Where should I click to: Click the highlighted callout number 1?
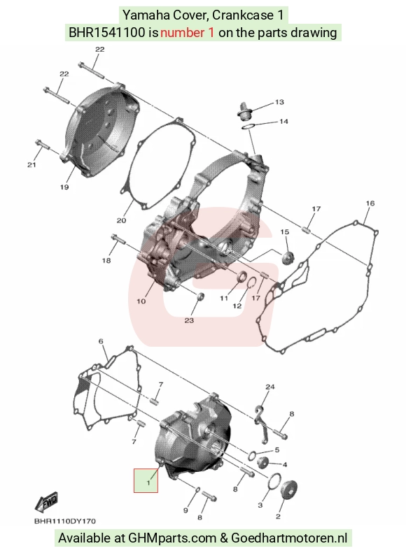(x=148, y=482)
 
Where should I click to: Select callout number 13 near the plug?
(x=279, y=102)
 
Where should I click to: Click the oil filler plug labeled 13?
(x=243, y=111)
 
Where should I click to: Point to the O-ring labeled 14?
(x=249, y=127)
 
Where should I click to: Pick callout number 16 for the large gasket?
(x=370, y=203)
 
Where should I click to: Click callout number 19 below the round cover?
(x=64, y=187)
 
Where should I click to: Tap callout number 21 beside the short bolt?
(x=31, y=165)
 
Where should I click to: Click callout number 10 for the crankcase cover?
(x=141, y=301)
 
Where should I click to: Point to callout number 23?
(x=189, y=320)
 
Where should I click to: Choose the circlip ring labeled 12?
(x=251, y=282)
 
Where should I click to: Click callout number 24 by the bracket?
(x=269, y=387)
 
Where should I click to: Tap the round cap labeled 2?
(x=288, y=491)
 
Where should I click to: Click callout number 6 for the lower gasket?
(x=101, y=341)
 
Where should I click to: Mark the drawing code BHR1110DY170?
(x=65, y=522)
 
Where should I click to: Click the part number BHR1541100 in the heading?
(x=106, y=33)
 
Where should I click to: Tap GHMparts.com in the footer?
(x=172, y=538)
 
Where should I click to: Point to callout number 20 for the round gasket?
(x=121, y=220)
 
